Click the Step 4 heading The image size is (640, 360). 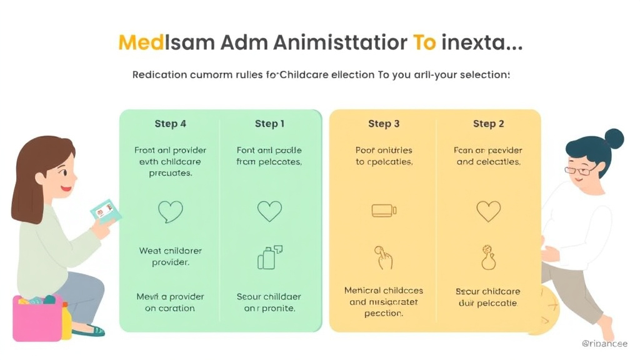tap(170, 124)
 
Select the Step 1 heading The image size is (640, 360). tap(269, 124)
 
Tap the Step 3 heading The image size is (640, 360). tap(384, 124)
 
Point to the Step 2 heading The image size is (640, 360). tap(488, 124)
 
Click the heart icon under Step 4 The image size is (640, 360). tap(170, 212)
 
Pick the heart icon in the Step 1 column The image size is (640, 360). tap(269, 211)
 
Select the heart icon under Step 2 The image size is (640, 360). tap(488, 211)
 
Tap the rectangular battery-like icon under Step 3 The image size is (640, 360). tap(384, 211)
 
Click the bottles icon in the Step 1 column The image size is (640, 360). tap(269, 256)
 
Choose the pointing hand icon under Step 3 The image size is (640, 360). tap(382, 257)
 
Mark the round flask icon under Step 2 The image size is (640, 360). tap(488, 257)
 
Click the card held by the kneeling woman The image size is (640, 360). tap(105, 212)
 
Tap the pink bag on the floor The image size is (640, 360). tap(37, 318)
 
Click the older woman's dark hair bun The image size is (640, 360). tap(614, 138)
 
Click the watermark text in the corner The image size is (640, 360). tap(604, 344)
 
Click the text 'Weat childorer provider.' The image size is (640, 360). tap(170, 256)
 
